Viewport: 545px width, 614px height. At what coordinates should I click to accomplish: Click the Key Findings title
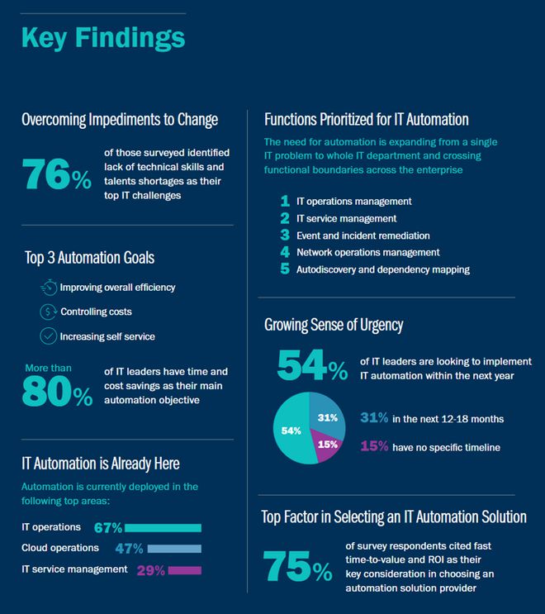coord(103,38)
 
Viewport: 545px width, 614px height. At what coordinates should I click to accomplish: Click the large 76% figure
coord(56,174)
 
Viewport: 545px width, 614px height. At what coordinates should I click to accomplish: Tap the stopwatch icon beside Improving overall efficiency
coord(49,288)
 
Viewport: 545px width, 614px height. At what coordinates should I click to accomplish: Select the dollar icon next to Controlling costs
coord(48,312)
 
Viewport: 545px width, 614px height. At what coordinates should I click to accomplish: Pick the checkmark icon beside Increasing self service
coord(48,336)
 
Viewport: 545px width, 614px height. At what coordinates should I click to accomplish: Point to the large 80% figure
coord(57,391)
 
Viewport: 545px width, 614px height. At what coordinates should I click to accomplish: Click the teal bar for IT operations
coord(163,528)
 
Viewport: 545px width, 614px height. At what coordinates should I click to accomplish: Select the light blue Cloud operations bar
coord(174,549)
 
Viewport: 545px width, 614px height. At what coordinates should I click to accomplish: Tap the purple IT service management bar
coord(185,570)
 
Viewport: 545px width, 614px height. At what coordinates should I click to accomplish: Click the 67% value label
coord(108,528)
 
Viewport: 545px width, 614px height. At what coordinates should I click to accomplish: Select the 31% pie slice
coord(328,416)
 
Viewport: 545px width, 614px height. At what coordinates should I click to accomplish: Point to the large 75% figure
coord(298,566)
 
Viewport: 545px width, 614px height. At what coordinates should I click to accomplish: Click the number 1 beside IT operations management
coord(285,202)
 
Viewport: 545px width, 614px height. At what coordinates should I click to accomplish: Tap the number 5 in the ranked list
coord(285,269)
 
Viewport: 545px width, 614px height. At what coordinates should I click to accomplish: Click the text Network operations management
coord(368,253)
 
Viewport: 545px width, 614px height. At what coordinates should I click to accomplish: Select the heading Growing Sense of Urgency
coord(334,325)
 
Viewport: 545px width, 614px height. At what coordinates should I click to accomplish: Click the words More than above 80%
coord(48,368)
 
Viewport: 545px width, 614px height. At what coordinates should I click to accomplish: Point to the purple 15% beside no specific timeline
coord(374,446)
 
